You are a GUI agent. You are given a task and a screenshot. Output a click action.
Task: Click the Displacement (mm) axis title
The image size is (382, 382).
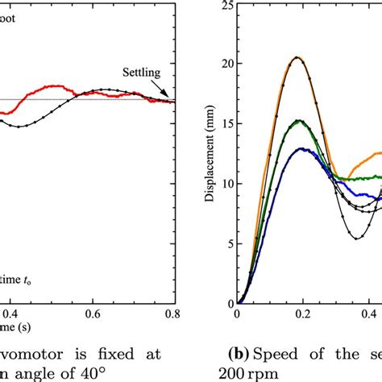209,156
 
